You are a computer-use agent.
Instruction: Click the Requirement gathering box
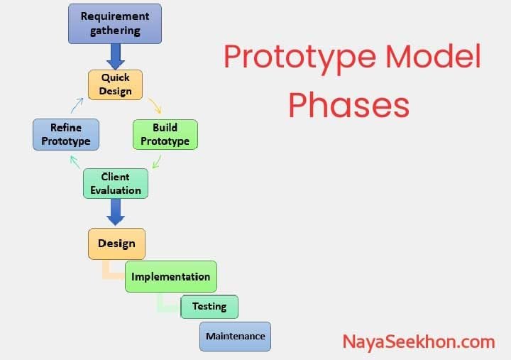(x=115, y=23)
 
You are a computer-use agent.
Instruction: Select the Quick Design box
(x=115, y=84)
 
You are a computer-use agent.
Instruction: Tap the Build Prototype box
(x=165, y=134)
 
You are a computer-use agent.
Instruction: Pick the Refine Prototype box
(x=66, y=134)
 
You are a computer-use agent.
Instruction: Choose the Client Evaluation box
(x=116, y=182)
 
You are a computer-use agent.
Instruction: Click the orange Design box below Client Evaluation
(x=116, y=244)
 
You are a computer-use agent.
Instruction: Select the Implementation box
(x=170, y=276)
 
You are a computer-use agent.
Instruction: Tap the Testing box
(x=209, y=307)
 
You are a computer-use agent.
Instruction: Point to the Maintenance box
(x=236, y=336)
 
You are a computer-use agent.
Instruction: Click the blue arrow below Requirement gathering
(x=115, y=55)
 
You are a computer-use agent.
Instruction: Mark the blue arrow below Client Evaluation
(x=115, y=212)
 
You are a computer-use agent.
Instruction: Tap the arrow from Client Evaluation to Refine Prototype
(x=75, y=162)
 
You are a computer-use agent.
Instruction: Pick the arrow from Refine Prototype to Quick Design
(x=77, y=105)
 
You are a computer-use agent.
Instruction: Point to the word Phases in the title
(x=348, y=105)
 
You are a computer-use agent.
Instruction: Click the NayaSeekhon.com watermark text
(x=418, y=342)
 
